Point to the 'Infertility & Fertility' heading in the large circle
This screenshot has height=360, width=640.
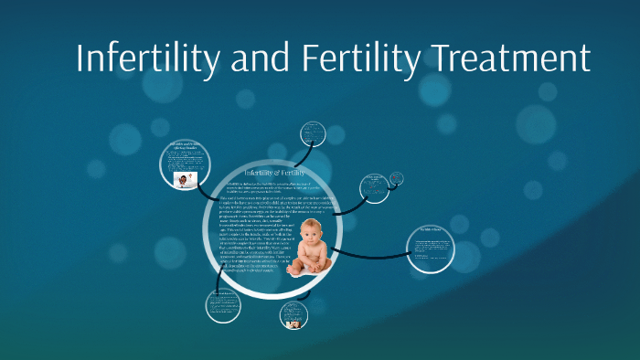pos(274,173)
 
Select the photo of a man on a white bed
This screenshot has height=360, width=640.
pos(185,179)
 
